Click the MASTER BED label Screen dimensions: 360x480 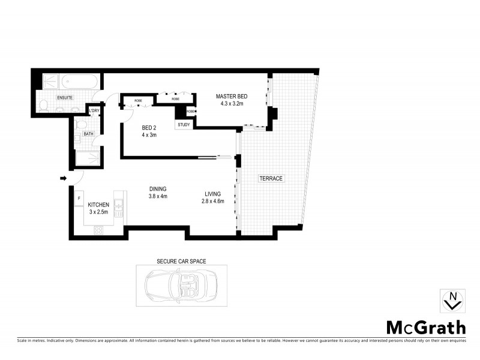pyautogui.click(x=232, y=97)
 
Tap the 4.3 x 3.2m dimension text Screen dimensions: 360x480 pyautogui.click(x=232, y=104)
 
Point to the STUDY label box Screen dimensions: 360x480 pyautogui.click(x=184, y=125)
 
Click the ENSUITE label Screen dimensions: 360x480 pyautogui.click(x=65, y=97)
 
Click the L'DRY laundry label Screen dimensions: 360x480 pyautogui.click(x=94, y=111)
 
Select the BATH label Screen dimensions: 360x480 pyautogui.click(x=89, y=134)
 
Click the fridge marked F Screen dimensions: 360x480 pyautogui.click(x=79, y=198)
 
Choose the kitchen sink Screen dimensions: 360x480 pyautogui.click(x=118, y=209)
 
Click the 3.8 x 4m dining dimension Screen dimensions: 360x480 pyautogui.click(x=158, y=196)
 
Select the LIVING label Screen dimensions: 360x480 pyautogui.click(x=212, y=194)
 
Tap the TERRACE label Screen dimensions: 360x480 pyautogui.click(x=271, y=178)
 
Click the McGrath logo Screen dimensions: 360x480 pyautogui.click(x=425, y=328)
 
